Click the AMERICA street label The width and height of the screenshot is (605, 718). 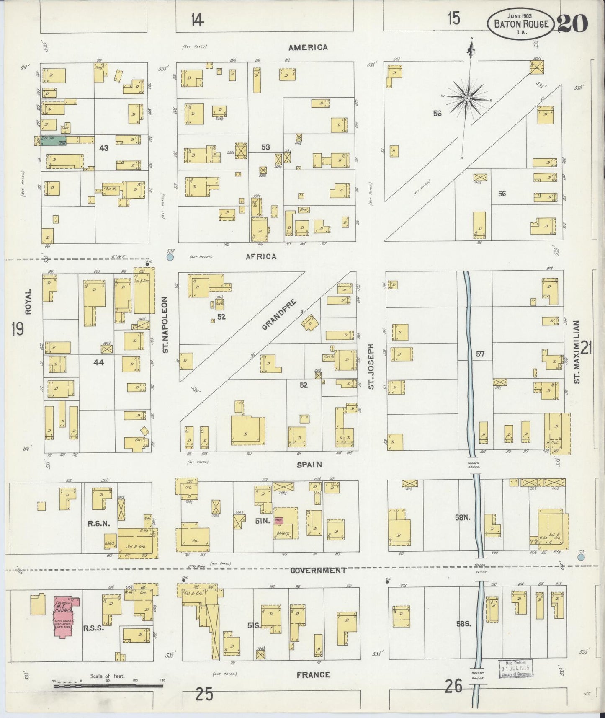click(x=308, y=47)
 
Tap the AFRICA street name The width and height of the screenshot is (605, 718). click(x=261, y=256)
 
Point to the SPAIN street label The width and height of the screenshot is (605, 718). click(x=309, y=465)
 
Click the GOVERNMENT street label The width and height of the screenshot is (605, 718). click(x=318, y=570)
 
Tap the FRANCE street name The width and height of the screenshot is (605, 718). click(x=313, y=675)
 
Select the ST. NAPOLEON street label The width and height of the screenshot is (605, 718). click(x=165, y=325)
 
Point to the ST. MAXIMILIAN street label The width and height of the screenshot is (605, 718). click(x=577, y=352)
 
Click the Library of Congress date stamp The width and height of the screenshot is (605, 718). click(x=515, y=669)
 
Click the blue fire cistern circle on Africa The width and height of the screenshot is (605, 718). click(x=170, y=257)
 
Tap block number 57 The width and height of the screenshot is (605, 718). click(x=480, y=354)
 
